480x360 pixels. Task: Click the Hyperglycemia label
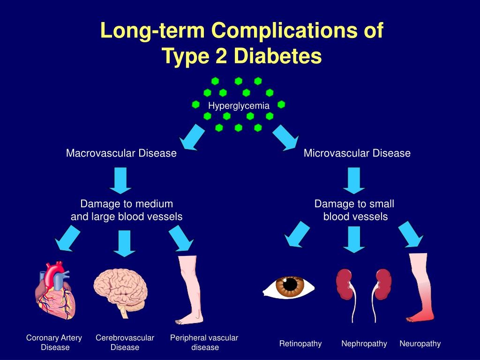tap(239, 105)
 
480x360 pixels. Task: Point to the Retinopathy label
tap(300, 344)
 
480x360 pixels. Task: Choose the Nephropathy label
tap(364, 344)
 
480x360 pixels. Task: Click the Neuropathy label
tap(420, 344)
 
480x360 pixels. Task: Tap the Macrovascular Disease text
tap(121, 153)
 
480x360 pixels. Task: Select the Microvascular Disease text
tap(357, 153)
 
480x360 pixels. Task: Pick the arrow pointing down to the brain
tap(124, 243)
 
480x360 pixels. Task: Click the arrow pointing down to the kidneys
tap(354, 239)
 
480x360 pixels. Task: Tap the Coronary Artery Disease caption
tap(54, 342)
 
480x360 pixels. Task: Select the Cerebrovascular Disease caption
tap(125, 342)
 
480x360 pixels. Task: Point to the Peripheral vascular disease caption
tap(204, 342)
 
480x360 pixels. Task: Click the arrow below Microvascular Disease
tap(354, 180)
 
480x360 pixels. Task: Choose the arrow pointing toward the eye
tap(297, 234)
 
